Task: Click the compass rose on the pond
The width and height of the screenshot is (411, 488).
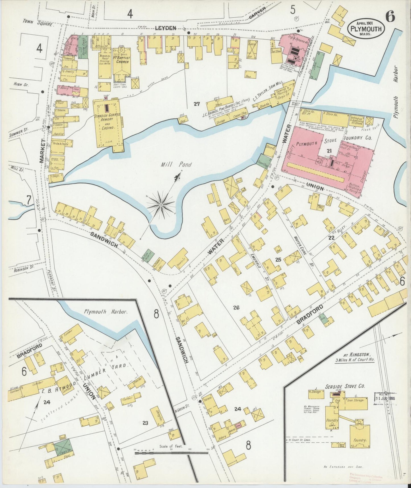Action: point(161,204)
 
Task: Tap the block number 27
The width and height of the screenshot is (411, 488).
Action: point(196,104)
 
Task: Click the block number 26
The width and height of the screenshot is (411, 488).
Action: point(236,307)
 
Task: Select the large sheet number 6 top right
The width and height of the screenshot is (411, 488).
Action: point(390,17)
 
